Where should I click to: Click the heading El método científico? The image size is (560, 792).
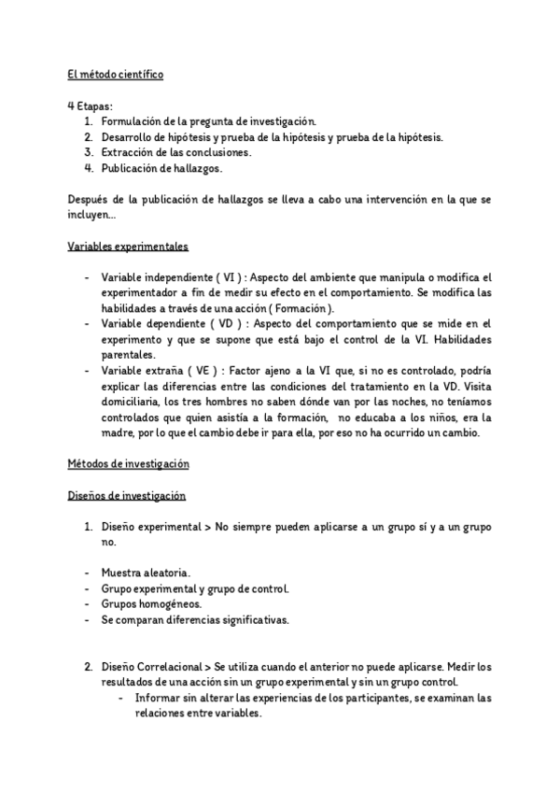pos(116,75)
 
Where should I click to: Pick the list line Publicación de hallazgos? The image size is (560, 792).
pos(161,168)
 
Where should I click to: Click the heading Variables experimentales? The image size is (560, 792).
pos(128,247)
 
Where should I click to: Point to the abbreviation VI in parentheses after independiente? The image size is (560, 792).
pos(228,278)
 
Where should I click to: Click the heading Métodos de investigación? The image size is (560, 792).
pos(129,464)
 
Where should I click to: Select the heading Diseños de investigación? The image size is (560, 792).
pos(127,496)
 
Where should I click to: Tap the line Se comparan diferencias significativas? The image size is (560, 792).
pos(195,619)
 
